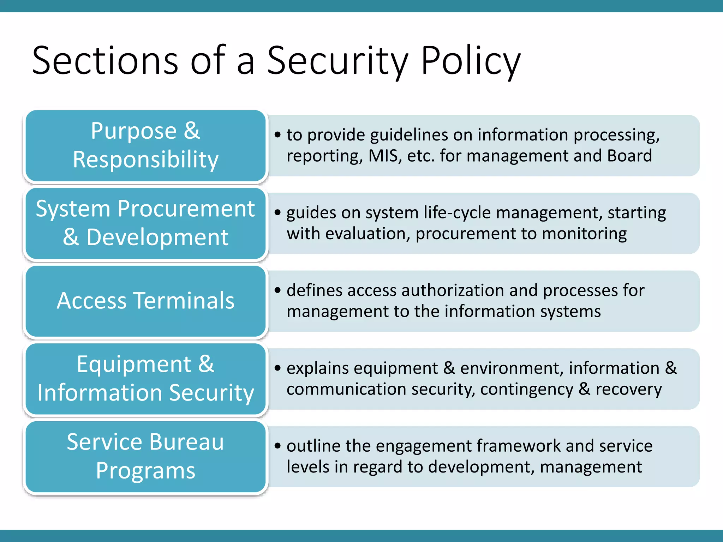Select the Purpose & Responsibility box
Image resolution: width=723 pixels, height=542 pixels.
click(145, 145)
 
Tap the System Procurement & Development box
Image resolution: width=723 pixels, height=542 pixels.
click(145, 223)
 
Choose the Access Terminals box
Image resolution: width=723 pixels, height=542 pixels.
click(145, 301)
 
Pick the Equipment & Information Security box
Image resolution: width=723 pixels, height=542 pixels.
click(145, 379)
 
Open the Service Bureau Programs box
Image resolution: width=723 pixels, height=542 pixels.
click(145, 457)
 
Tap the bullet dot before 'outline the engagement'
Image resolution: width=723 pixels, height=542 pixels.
click(278, 446)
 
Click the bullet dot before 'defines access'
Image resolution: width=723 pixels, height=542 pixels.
click(278, 290)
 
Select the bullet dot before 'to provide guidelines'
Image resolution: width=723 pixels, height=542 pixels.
click(278, 135)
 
